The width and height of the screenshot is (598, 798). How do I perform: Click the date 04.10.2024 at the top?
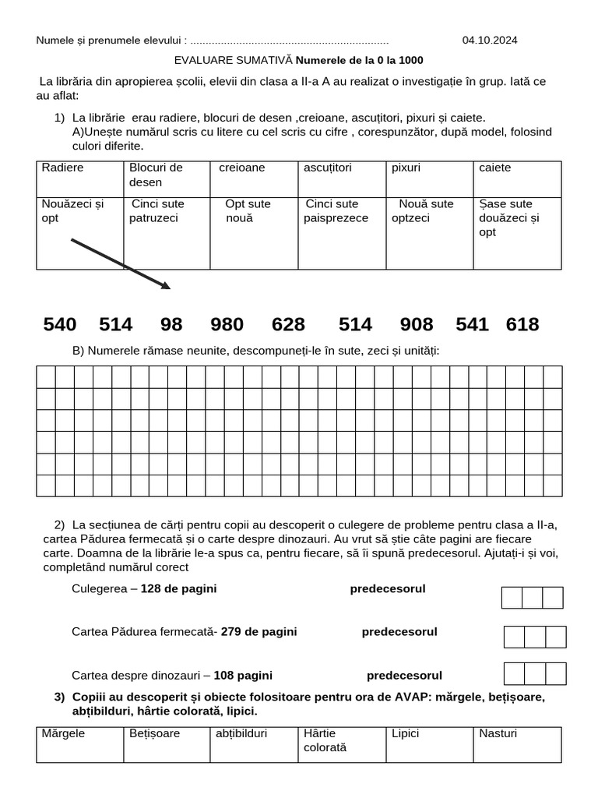[x=489, y=41]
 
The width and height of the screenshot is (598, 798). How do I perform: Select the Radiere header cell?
[x=79, y=178]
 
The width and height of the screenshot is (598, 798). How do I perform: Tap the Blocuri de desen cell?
[x=167, y=178]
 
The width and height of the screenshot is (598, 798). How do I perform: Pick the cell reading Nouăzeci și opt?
[x=79, y=232]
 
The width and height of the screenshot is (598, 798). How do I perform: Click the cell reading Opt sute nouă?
[x=254, y=232]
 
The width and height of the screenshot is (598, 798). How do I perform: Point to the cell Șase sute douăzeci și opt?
[x=517, y=232]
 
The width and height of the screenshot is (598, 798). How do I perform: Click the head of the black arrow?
[x=165, y=287]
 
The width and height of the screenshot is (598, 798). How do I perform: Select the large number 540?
[x=60, y=325]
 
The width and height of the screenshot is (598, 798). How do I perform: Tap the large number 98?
[x=171, y=325]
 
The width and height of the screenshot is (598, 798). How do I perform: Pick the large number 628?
[x=288, y=325]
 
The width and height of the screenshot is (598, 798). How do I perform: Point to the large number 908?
[x=416, y=325]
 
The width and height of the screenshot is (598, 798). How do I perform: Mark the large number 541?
[x=472, y=325]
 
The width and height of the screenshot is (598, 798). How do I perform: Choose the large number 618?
[x=522, y=325]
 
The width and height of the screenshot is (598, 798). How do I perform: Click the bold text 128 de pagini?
[x=178, y=588]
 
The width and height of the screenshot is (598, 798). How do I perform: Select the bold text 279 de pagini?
[x=259, y=631]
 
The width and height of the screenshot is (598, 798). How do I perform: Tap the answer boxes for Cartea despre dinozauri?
[x=535, y=673]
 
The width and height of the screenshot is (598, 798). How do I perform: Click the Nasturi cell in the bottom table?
[x=517, y=744]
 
